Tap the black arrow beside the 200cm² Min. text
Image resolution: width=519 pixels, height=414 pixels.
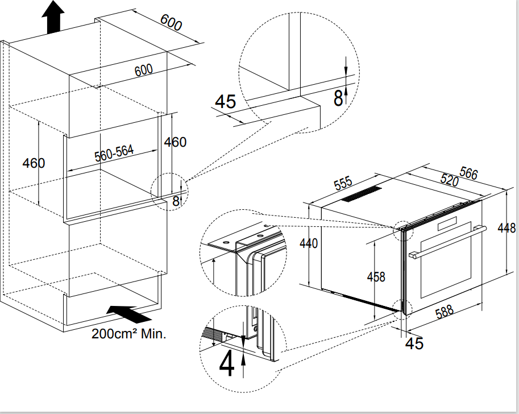click(x=129, y=314)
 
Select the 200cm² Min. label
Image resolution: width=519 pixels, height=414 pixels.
click(x=129, y=333)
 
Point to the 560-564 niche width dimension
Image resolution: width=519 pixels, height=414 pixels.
click(x=114, y=153)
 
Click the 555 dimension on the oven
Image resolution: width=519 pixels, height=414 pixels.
click(x=343, y=184)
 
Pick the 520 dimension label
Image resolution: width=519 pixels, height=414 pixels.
click(x=450, y=179)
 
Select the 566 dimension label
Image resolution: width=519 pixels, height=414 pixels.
click(x=468, y=173)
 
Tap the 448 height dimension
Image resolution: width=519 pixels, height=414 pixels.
click(x=506, y=228)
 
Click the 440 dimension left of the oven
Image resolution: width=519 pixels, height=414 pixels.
click(x=309, y=243)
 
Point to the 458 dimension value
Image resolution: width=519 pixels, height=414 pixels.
click(x=376, y=276)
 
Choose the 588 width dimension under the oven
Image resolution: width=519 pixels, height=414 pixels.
click(x=444, y=312)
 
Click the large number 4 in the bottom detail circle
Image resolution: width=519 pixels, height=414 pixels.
click(x=227, y=363)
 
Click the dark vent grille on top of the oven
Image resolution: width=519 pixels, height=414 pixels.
click(x=361, y=194)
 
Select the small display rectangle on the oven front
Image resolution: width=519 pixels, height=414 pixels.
click(x=447, y=223)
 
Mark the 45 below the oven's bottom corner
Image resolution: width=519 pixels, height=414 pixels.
click(x=414, y=343)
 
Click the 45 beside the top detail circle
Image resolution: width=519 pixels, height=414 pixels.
click(x=226, y=101)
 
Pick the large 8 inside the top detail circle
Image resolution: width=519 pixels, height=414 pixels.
click(x=338, y=98)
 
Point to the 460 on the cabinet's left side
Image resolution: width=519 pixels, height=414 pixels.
click(x=34, y=163)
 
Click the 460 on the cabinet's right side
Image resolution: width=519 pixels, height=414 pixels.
click(x=176, y=142)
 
